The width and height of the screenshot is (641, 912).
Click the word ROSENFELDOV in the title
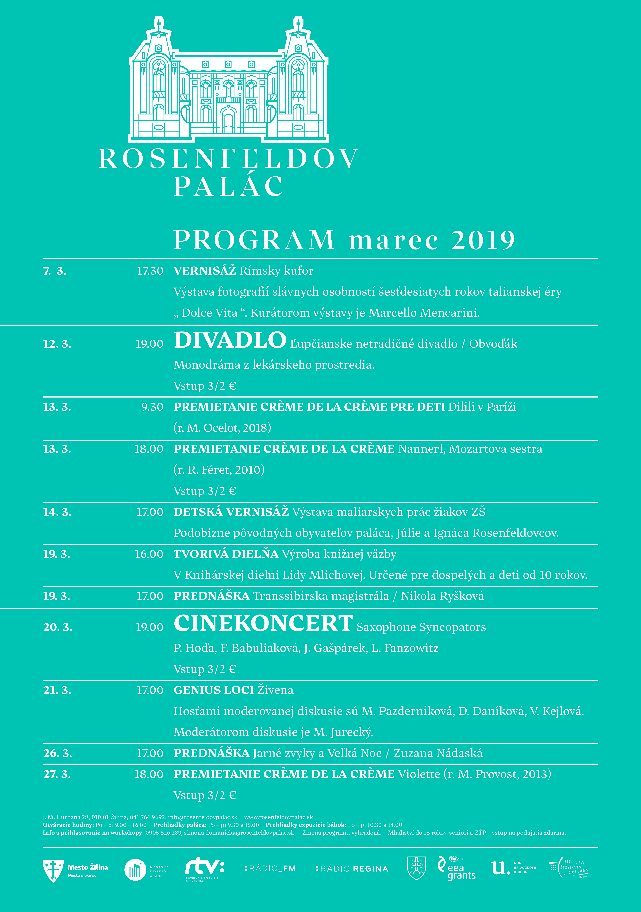coord(228,159)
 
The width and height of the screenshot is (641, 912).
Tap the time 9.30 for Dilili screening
coord(152,407)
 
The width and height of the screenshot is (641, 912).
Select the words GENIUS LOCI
coord(214,690)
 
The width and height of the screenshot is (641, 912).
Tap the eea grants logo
coord(456,868)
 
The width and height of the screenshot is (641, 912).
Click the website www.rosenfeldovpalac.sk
coord(278,817)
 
